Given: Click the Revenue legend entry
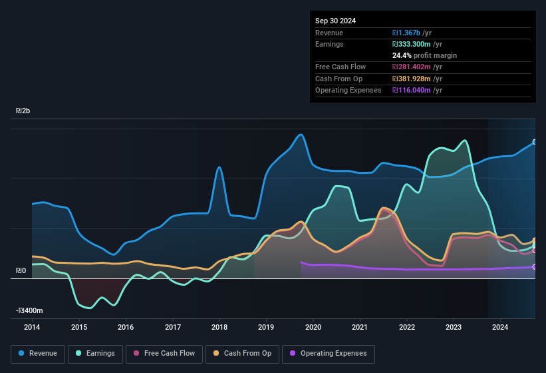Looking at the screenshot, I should [x=38, y=354].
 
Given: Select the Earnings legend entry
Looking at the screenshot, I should [x=95, y=354].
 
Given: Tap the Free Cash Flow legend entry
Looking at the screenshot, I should [x=164, y=354].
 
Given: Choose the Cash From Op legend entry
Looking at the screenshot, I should [x=242, y=354].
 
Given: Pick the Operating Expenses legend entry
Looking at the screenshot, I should [x=329, y=354].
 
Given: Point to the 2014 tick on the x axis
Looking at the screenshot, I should [x=32, y=327].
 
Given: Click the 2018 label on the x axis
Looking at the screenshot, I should [x=219, y=327].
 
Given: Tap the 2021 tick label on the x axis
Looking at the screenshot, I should [x=360, y=327].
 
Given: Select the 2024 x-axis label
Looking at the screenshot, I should [x=500, y=327].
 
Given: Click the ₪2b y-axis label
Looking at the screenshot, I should [x=23, y=111].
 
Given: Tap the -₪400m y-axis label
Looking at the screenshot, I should [x=29, y=311].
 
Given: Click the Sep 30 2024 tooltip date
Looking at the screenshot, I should [x=335, y=21].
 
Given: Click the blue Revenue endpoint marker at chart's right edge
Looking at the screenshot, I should [x=535, y=142].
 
